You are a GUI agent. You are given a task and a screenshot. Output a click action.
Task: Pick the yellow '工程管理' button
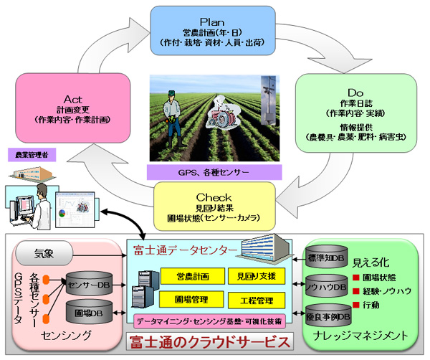251,298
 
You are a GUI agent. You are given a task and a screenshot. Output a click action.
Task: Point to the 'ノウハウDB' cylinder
328,287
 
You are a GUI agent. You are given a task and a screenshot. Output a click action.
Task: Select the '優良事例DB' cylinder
328,315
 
